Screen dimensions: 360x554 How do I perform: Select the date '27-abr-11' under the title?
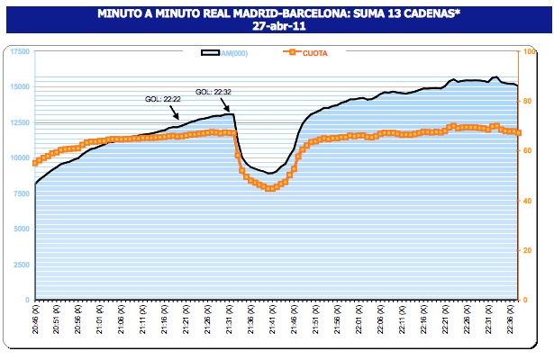(x=277, y=28)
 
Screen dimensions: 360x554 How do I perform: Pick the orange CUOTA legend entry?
(x=312, y=53)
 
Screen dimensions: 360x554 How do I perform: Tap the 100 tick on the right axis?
(x=528, y=51)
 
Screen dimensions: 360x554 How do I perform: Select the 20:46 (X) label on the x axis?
(x=37, y=320)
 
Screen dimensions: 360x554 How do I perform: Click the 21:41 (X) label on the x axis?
(x=271, y=320)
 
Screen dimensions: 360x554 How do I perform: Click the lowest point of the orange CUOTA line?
(x=270, y=188)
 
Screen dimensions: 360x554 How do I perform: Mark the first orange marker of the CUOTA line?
(x=35, y=163)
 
